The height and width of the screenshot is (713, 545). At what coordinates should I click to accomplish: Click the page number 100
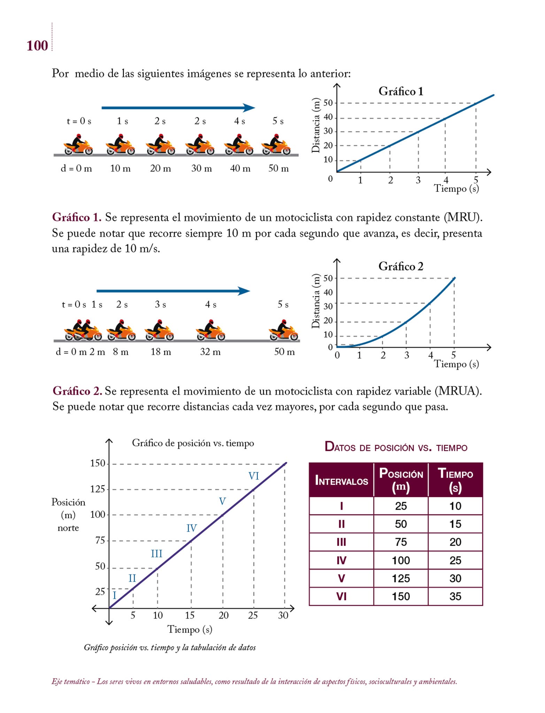point(37,46)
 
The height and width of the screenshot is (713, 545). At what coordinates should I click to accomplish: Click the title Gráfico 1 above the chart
point(401,91)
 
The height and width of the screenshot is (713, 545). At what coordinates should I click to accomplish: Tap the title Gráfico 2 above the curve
point(401,266)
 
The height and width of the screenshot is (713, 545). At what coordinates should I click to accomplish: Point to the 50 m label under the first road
point(278,169)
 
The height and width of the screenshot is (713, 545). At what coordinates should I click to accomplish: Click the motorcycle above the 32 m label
point(210,330)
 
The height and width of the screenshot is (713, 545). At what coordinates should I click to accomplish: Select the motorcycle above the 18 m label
point(159,330)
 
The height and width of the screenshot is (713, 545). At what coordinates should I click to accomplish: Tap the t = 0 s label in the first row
point(79,121)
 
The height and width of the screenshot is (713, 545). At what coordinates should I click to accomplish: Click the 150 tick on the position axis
point(98,463)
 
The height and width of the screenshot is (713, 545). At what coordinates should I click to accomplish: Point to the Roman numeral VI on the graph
point(254,476)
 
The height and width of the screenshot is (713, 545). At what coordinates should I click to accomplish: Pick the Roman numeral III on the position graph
point(156,554)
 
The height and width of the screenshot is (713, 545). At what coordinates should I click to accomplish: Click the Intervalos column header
point(341,481)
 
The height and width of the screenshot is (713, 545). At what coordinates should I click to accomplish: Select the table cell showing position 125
point(401,578)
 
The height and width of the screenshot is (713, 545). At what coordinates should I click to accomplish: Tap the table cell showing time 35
point(455,596)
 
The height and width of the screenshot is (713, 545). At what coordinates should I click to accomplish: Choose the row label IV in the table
point(341,560)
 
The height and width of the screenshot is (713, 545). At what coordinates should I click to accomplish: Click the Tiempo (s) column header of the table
point(455,480)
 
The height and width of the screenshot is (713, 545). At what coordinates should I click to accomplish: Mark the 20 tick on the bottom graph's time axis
point(223,616)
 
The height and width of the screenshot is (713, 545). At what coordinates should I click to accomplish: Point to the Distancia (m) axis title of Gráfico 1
point(316,125)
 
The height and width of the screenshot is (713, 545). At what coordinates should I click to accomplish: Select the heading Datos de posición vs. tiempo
point(396,447)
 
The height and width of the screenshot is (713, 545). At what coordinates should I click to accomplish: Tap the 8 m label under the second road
point(121,352)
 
